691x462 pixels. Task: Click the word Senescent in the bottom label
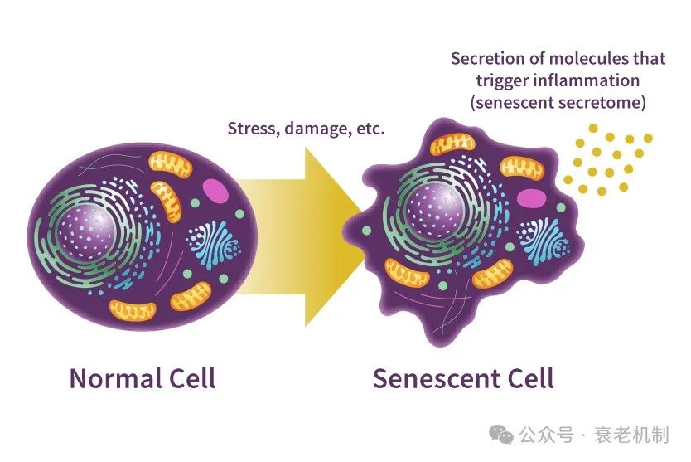tap(433, 378)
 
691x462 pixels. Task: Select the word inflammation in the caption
tap(586, 80)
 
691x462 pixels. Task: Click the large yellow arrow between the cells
tap(299, 237)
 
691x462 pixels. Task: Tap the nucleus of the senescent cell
tap(434, 210)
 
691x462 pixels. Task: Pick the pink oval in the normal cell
tap(215, 190)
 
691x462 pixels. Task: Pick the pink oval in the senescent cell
tap(531, 198)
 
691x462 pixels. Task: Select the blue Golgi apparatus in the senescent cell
tap(544, 241)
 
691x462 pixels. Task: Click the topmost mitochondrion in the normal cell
tap(170, 164)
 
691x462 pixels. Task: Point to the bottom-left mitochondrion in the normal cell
tap(133, 310)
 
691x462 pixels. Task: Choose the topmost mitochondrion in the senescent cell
tap(452, 144)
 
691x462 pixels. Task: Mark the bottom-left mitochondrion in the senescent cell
tap(407, 272)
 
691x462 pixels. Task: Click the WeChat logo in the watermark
tap(501, 435)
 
